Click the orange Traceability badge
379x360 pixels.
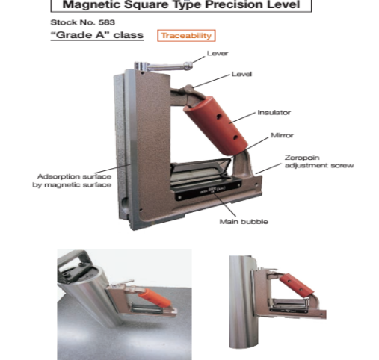pyautogui.click(x=186, y=36)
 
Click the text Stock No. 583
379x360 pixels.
pyautogui.click(x=83, y=22)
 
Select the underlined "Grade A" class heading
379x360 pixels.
pyautogui.click(x=97, y=35)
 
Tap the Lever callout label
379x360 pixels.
pyautogui.click(x=218, y=53)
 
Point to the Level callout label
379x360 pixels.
pyautogui.click(x=241, y=74)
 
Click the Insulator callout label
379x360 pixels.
pyautogui.click(x=274, y=113)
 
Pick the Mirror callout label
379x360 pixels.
pyautogui.click(x=282, y=135)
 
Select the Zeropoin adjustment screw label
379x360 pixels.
pyautogui.click(x=319, y=161)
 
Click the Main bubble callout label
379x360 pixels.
pyautogui.click(x=244, y=222)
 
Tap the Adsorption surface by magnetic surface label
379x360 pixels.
pyautogui.click(x=72, y=181)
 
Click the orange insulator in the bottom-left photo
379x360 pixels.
pyautogui.click(x=155, y=298)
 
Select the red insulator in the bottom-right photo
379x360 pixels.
pyautogui.click(x=297, y=286)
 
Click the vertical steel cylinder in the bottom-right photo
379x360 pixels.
pyautogui.click(x=241, y=302)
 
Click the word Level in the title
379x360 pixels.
pyautogui.click(x=283, y=5)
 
